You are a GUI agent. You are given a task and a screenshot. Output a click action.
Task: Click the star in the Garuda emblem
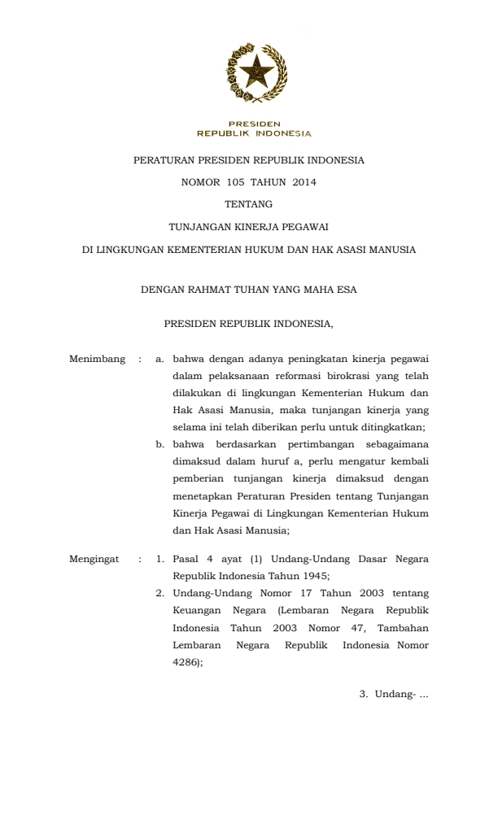click(x=256, y=72)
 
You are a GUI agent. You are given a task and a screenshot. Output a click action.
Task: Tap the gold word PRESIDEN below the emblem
click(x=254, y=124)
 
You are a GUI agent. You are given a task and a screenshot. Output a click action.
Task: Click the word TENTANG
click(x=248, y=205)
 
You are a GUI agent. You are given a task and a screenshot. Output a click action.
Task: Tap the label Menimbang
click(x=97, y=359)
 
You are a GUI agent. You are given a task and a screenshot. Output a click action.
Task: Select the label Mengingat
click(x=94, y=559)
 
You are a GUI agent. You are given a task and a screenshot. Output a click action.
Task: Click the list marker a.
click(x=160, y=359)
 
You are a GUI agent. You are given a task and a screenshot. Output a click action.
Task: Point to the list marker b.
click(x=160, y=444)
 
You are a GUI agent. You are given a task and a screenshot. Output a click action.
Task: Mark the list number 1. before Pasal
click(x=160, y=559)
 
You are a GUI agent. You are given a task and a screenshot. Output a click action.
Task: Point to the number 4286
click(x=185, y=661)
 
